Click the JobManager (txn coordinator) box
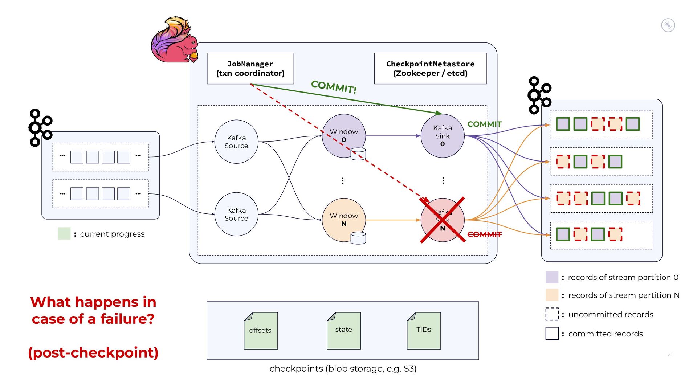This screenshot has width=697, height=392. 250,69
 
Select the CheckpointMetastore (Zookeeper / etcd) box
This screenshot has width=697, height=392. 430,69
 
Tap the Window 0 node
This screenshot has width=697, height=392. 343,136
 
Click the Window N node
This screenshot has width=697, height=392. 343,220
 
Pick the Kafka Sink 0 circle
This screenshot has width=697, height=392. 442,136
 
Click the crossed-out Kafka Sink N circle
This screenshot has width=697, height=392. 442,220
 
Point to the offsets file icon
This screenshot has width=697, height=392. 261,330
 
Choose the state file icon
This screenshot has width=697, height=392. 343,330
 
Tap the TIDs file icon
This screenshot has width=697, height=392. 424,330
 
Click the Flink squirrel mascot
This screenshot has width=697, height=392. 174,40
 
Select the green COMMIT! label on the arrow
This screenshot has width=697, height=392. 334,87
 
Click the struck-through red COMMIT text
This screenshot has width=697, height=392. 484,234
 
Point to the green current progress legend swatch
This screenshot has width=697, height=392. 64,234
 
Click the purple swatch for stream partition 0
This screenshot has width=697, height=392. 552,277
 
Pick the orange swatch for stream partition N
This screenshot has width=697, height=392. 552,295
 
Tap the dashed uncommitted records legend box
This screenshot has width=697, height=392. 552,314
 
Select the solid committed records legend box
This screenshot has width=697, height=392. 552,334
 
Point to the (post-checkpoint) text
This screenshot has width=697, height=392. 93,352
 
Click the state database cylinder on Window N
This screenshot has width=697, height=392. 358,238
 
